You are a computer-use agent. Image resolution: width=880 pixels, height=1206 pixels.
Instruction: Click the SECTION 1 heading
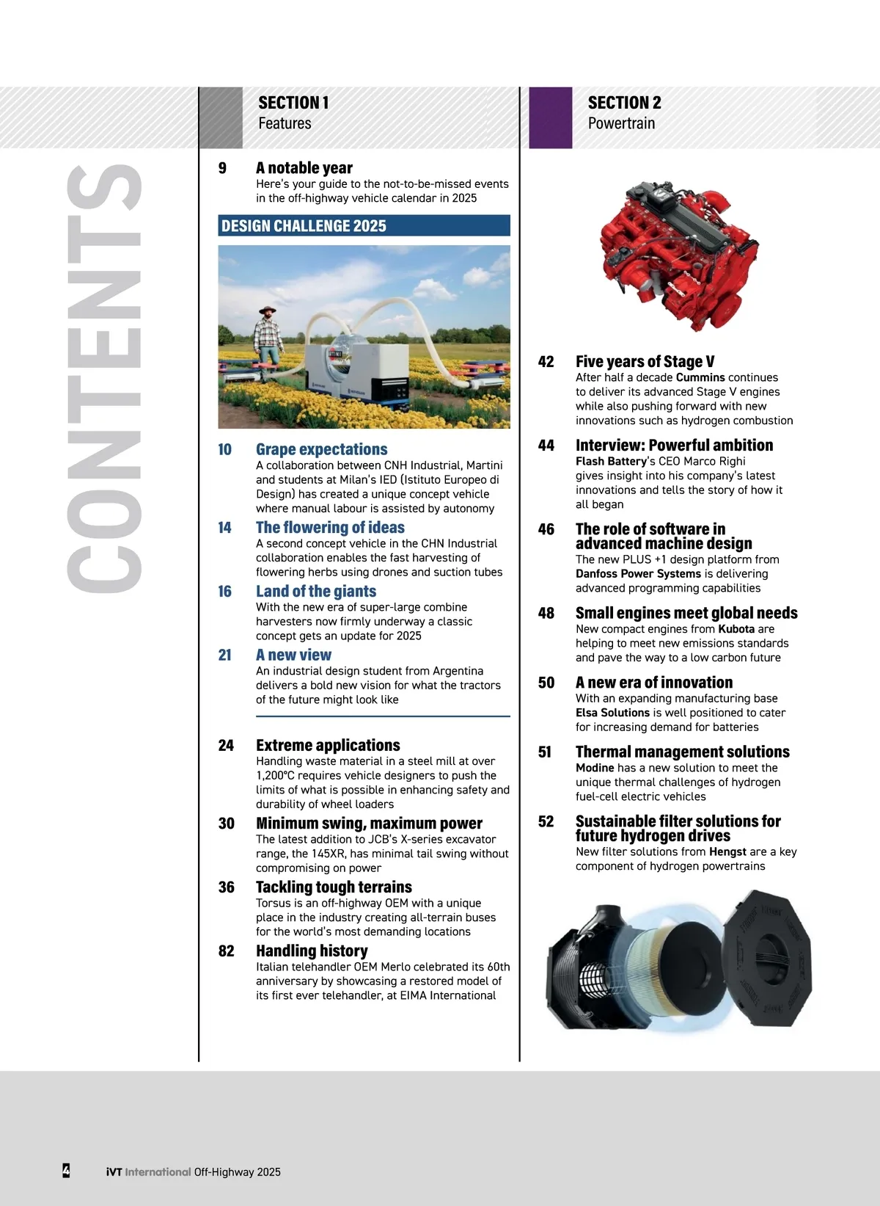click(x=293, y=103)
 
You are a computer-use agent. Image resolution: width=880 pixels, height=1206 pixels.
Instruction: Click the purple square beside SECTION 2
click(x=550, y=117)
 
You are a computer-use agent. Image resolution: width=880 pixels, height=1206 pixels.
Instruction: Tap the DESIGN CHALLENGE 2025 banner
click(x=364, y=226)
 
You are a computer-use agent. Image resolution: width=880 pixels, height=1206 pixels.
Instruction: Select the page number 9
click(x=222, y=168)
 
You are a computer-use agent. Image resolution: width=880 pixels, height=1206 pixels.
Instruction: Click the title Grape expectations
click(x=321, y=449)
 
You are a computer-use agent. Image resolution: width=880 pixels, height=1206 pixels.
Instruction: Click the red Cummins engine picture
click(x=678, y=253)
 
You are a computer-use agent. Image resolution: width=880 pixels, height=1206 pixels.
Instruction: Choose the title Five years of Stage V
click(x=645, y=361)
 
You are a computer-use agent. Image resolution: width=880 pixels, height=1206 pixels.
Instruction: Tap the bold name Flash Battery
click(x=611, y=461)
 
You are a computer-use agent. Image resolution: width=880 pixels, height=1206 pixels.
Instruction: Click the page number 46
click(x=546, y=529)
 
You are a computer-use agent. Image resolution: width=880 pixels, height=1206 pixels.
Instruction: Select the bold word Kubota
click(x=736, y=629)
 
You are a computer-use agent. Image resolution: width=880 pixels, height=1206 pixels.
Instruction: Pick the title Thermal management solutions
click(x=682, y=752)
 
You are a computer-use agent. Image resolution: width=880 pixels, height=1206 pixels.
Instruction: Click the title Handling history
click(x=312, y=951)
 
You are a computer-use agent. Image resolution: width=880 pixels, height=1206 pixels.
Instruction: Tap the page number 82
click(x=227, y=951)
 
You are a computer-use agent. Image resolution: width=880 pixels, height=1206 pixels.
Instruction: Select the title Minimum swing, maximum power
click(x=369, y=823)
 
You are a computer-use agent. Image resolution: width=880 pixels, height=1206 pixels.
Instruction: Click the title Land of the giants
click(x=315, y=591)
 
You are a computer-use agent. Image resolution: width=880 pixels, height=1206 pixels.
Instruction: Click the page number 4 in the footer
click(x=66, y=1170)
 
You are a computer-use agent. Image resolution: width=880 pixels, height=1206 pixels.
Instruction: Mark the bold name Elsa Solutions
click(x=612, y=713)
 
